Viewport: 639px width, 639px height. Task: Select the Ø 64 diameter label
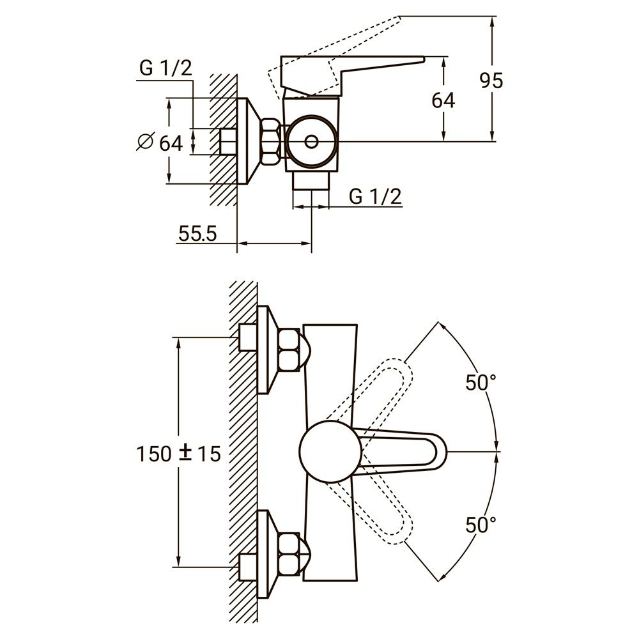(160, 142)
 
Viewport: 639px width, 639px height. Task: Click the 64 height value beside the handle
(443, 100)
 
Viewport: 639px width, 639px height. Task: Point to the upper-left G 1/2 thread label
(166, 69)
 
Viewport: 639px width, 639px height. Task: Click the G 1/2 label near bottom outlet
(376, 197)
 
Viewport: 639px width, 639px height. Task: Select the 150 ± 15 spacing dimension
(178, 454)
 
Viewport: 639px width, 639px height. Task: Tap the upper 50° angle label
(481, 383)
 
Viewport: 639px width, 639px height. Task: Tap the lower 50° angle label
(481, 525)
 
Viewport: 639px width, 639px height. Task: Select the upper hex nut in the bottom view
(291, 351)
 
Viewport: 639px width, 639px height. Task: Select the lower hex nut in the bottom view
(291, 553)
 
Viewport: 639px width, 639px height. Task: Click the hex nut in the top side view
(271, 142)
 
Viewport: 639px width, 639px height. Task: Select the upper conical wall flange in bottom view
(266, 350)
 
